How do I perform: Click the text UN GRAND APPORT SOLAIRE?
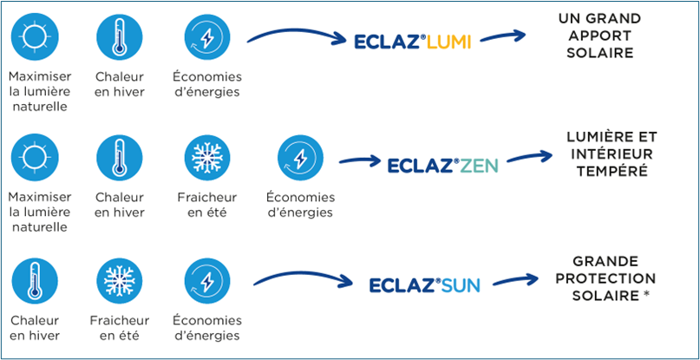coord(600,36)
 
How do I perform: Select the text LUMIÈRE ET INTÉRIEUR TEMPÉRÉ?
coord(610,154)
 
